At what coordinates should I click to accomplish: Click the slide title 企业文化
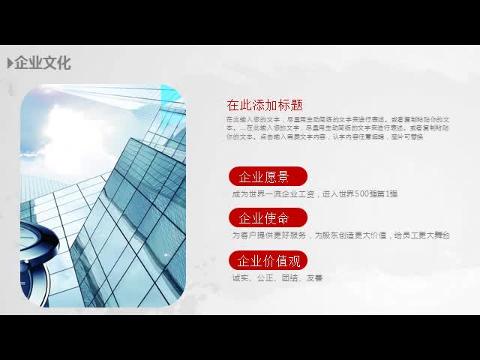point(43,63)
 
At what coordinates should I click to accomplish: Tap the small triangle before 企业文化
point(10,63)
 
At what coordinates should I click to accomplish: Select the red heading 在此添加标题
point(265,105)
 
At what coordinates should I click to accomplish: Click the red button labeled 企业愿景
point(268,177)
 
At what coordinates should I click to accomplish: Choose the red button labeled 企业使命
point(268,219)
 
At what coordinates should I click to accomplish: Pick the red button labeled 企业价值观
point(268,261)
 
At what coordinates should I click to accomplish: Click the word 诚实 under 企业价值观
point(241,278)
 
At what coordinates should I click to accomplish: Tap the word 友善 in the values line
point(314,278)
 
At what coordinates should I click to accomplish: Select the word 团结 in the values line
point(289,278)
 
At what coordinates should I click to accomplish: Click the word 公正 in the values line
point(265,278)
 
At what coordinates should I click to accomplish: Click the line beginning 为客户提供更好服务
point(340,235)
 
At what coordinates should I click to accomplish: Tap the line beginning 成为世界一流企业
point(315,194)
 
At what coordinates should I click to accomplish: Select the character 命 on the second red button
point(282,219)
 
